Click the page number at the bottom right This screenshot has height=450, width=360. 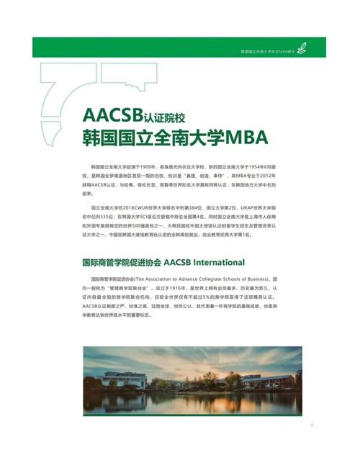coord(311,426)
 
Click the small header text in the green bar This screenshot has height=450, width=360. coord(268,50)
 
